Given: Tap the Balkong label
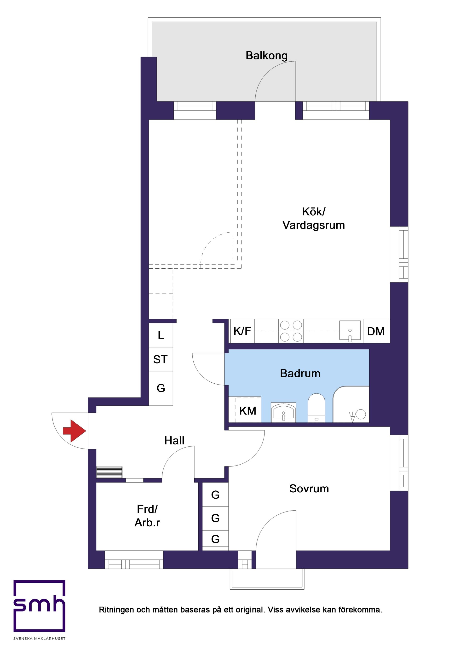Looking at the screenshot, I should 266,56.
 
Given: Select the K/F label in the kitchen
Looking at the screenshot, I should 242,331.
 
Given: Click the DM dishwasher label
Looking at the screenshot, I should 375,331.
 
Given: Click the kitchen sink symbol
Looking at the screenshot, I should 350,330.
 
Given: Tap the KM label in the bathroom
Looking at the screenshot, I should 247,411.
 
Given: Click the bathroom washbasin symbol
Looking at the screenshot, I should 283,412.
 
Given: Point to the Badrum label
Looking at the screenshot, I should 300,373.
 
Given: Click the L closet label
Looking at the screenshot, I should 161,335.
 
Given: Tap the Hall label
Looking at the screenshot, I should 174,441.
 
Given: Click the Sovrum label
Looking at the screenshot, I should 309,489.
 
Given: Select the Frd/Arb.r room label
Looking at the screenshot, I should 147,516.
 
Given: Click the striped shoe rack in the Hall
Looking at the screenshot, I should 109,472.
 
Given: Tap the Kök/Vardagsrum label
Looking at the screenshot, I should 313,218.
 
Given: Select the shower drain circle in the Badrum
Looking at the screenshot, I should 361,414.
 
